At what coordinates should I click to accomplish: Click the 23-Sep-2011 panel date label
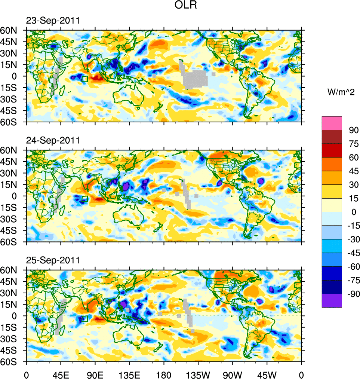[x=53, y=21]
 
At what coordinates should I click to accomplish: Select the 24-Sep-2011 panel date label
[x=53, y=140]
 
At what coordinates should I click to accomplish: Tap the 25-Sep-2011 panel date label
[x=53, y=260]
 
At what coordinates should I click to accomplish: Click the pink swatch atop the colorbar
[x=332, y=123]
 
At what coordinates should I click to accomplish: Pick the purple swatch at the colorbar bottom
[x=332, y=301]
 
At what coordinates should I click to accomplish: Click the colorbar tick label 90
[x=354, y=130]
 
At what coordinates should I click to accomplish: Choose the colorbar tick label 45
[x=354, y=171]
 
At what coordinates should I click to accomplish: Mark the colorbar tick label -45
[x=353, y=253]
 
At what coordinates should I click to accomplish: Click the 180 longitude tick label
[x=164, y=374]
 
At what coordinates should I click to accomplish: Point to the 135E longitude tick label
[x=129, y=374]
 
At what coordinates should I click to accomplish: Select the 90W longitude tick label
[x=233, y=374]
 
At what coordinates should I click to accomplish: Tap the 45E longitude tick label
[x=61, y=374]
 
